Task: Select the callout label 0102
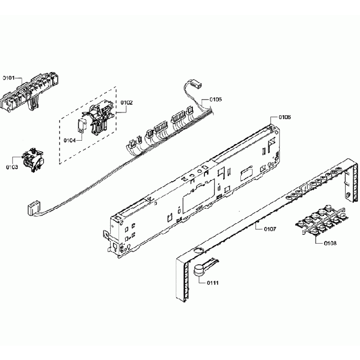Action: [127, 102]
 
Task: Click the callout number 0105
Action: [215, 100]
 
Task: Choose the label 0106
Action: [284, 117]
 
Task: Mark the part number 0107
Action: [269, 228]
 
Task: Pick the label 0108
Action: [330, 243]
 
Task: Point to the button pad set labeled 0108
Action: [322, 222]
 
